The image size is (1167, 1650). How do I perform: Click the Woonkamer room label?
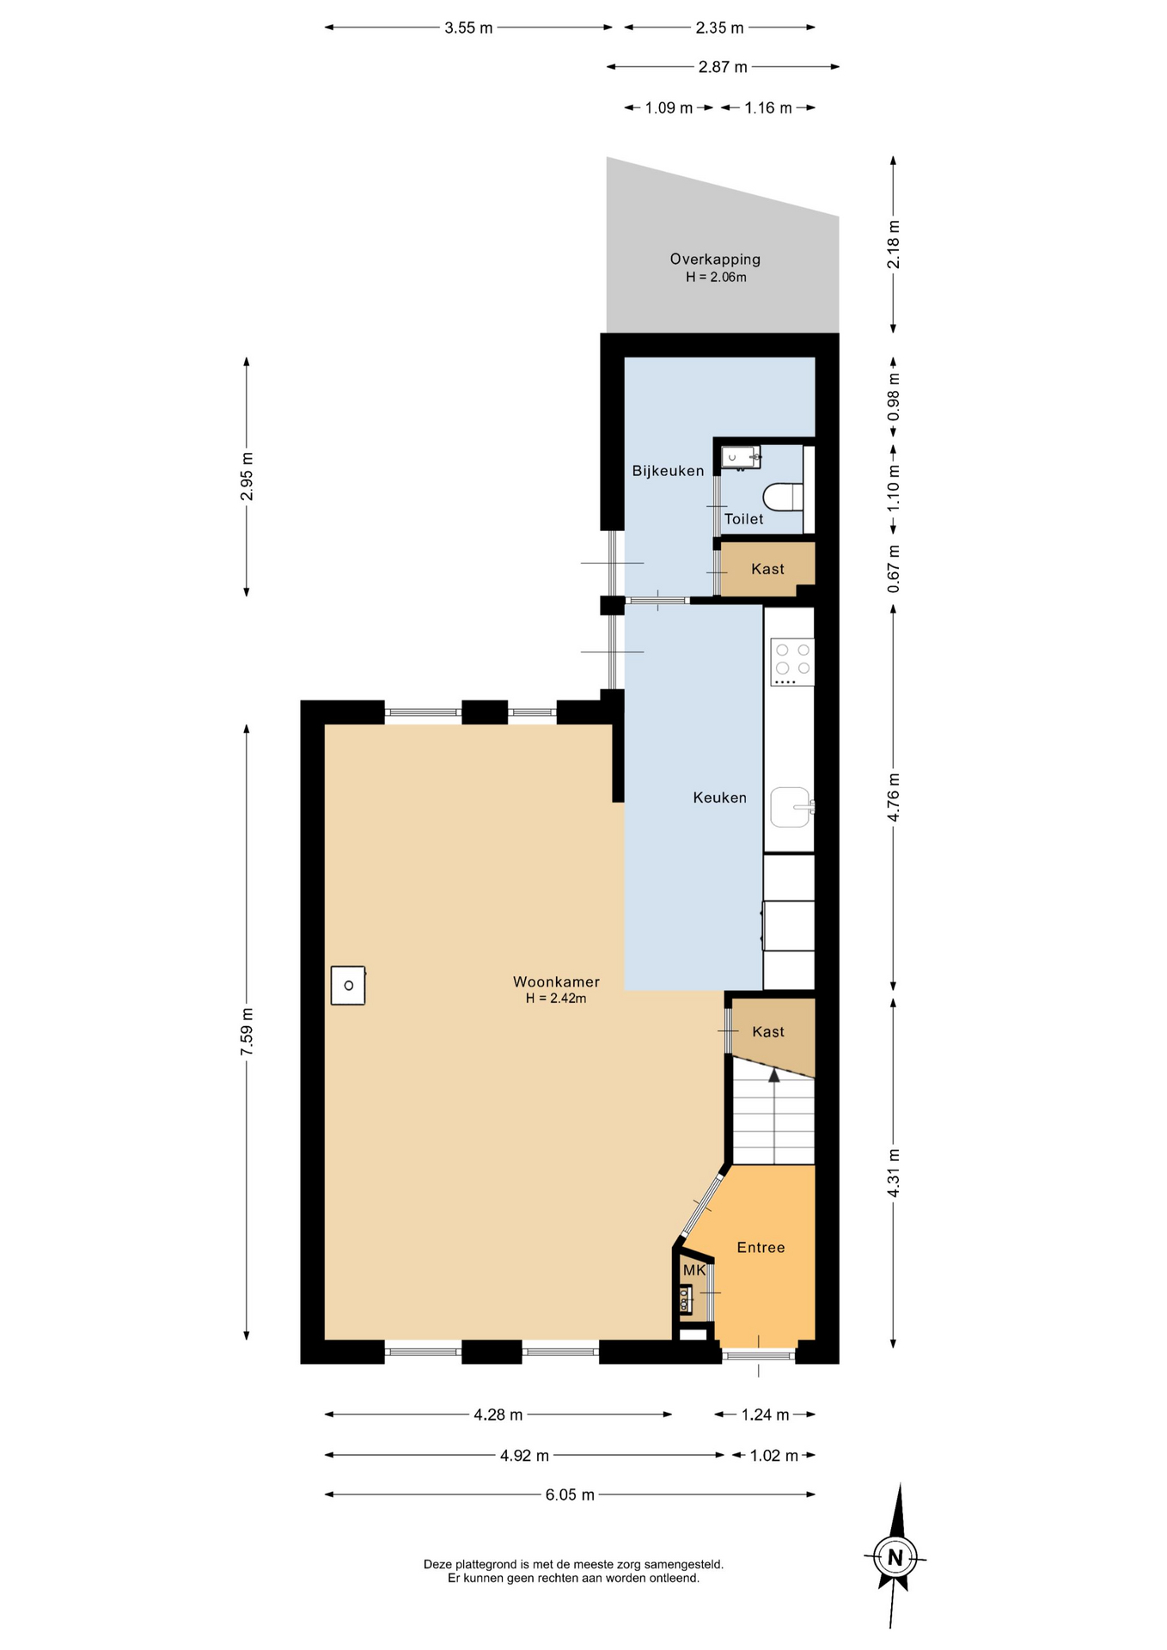(556, 981)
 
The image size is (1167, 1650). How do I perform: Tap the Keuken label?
(719, 797)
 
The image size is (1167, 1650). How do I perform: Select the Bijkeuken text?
(668, 471)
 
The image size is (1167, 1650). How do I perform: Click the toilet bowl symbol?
(783, 496)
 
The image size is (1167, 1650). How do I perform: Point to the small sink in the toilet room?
(740, 457)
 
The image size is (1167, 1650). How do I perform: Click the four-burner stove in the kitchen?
(791, 662)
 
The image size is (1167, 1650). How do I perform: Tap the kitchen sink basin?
(791, 807)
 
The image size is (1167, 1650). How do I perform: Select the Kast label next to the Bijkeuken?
(767, 569)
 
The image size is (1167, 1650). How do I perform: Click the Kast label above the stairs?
(768, 1032)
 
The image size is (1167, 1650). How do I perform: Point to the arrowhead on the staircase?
(773, 1075)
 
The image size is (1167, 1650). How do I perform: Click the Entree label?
(761, 1248)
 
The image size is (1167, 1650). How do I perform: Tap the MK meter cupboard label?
(694, 1270)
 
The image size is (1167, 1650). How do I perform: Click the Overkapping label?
(715, 259)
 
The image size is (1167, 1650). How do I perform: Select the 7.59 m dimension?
(247, 1032)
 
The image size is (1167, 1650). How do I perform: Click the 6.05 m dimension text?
(570, 1494)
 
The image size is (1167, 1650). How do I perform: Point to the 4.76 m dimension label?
(894, 797)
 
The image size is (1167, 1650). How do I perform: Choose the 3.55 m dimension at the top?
(468, 27)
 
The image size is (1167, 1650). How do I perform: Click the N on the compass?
(895, 1557)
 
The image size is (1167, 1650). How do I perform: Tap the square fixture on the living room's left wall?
(348, 985)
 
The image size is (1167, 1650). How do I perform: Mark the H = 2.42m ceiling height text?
(556, 999)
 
